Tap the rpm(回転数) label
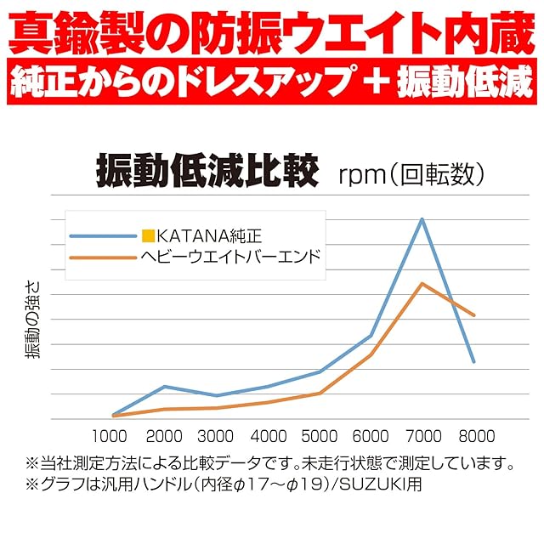pos(412,174)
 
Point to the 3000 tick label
pos(215,437)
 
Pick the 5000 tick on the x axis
pos(319,437)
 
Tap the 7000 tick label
pos(422,437)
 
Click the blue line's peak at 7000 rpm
pos(422,219)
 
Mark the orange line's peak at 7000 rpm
pos(422,283)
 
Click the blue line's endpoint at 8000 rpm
pos(474,361)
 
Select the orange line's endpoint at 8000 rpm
pos(474,315)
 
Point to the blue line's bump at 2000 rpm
pos(164,387)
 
